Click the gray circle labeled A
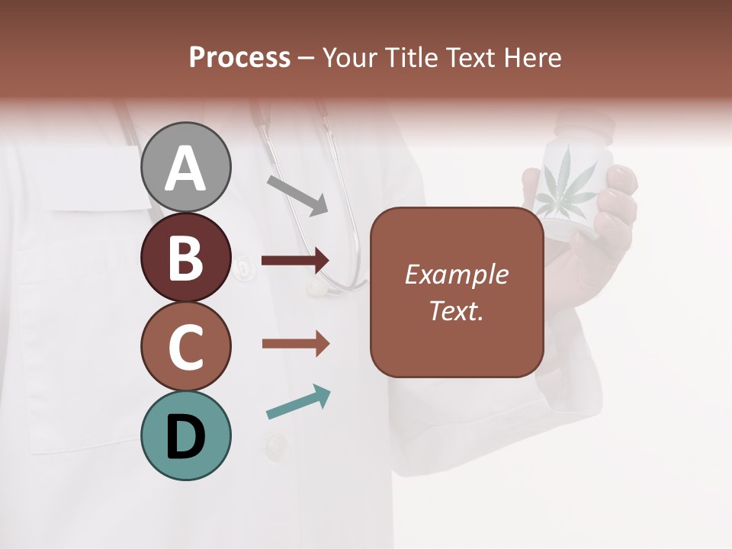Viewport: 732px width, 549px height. tap(185, 167)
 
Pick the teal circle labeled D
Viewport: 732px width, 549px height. tap(185, 435)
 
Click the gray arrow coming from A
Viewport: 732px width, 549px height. tap(297, 195)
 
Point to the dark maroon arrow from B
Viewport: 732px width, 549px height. tap(295, 260)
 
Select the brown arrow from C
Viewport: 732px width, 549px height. tap(295, 344)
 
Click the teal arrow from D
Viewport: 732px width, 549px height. tap(298, 403)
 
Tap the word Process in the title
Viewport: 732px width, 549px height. tap(239, 57)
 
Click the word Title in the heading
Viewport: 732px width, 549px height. tap(409, 57)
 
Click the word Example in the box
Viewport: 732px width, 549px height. tap(456, 274)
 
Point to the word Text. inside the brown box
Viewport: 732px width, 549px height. tap(456, 310)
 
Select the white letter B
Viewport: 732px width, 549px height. tap(185, 258)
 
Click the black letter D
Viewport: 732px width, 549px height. tap(185, 437)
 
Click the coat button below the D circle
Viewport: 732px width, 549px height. tap(276, 444)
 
